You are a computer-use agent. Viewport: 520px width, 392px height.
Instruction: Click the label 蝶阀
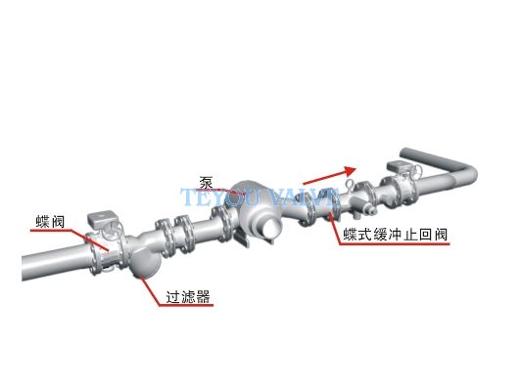pos(50,222)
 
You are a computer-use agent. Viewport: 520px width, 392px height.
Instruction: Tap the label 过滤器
pos(188,296)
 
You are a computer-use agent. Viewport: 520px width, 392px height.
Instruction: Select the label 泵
pos(206,182)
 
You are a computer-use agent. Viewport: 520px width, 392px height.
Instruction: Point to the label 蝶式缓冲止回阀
pos(396,235)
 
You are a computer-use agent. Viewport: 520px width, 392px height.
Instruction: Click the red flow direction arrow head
pos(350,171)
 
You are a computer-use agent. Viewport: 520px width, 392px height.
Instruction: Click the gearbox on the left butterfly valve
pos(100,219)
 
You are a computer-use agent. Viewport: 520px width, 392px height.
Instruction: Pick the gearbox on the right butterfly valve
pos(401,165)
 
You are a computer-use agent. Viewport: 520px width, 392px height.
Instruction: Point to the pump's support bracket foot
pos(242,238)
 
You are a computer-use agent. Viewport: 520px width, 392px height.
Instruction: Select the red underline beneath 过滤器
pos(186,305)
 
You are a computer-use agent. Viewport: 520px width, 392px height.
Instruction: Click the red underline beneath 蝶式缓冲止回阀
pos(395,244)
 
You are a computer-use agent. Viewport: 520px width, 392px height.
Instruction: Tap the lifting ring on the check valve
pos(351,185)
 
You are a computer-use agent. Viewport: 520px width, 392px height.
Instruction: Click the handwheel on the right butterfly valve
pos(417,171)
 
